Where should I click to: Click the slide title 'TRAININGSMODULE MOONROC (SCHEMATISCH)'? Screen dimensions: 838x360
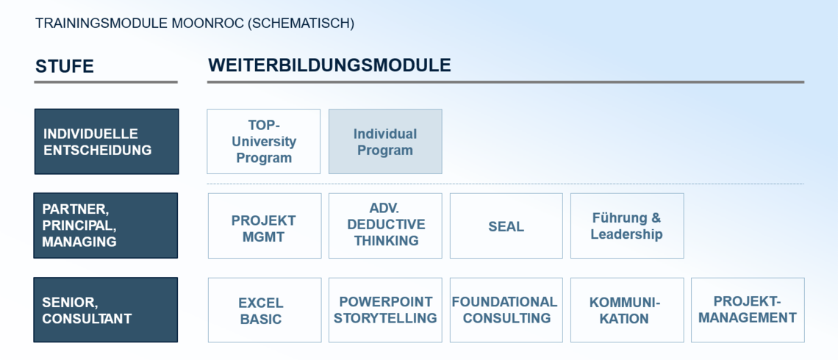coord(195,24)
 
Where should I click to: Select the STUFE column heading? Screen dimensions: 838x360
coord(65,66)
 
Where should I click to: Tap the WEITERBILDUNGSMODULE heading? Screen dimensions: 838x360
coord(329,65)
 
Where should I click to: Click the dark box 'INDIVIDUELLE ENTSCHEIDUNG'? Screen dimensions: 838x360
coord(107,142)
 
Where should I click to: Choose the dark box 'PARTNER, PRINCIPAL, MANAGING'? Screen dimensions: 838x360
coord(105,226)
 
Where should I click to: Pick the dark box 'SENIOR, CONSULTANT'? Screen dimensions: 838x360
coord(105,310)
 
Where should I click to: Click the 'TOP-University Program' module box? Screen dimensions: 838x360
coord(263,142)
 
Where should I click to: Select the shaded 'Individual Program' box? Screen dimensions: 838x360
coord(385,142)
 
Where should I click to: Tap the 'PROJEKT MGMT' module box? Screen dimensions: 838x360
coord(265,226)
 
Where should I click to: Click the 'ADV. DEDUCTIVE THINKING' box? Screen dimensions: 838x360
coord(385,226)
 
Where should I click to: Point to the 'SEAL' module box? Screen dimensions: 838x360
coord(506,226)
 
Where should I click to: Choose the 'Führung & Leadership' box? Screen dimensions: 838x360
coord(627,226)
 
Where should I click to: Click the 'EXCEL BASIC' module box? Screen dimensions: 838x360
coord(265,310)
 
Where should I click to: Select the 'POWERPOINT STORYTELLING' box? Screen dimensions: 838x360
coord(385,310)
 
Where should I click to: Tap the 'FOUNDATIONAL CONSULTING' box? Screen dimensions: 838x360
coord(506,310)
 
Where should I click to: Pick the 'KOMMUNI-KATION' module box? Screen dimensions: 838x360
coord(627,310)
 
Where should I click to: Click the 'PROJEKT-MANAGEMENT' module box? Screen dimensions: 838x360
coord(748,310)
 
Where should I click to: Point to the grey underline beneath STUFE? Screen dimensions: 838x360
coord(106,82)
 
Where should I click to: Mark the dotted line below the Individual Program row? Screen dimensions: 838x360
coord(506,184)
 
